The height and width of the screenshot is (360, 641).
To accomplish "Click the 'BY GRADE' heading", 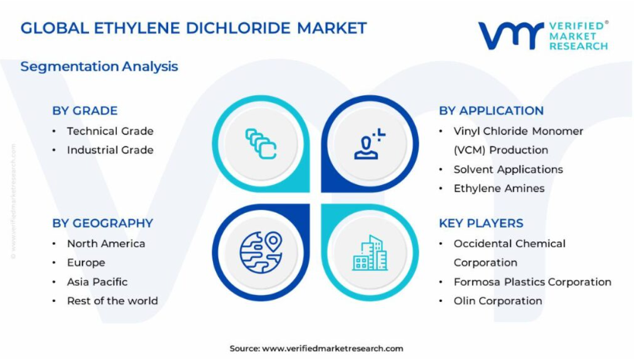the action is [x=84, y=111].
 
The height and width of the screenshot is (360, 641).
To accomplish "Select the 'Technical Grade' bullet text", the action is [x=111, y=131].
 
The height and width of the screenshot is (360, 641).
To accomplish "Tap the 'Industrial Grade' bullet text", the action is [x=111, y=150].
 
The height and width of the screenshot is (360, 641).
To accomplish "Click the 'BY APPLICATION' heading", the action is [x=491, y=111].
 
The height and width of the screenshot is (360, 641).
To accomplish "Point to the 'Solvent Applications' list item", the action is [x=508, y=170].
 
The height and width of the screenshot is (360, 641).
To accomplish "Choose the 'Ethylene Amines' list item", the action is [x=499, y=188].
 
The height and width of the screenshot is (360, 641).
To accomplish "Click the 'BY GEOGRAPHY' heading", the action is [x=103, y=223].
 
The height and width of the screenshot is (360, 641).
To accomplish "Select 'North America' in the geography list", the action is [x=106, y=244].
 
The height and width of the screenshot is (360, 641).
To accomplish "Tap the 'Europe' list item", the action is [x=86, y=262].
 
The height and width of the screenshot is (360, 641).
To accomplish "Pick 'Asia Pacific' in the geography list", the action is [x=98, y=282].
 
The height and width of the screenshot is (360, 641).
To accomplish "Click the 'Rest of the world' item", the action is [x=112, y=300].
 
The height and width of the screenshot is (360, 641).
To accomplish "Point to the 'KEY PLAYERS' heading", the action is [x=482, y=223].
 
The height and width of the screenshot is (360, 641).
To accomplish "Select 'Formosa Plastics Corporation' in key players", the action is [x=533, y=282].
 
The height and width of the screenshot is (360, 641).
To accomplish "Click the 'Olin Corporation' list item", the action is [x=498, y=301].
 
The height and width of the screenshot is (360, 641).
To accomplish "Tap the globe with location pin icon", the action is [x=261, y=252].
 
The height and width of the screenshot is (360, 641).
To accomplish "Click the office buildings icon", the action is [x=370, y=253].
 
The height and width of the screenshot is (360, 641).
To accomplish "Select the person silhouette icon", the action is [x=369, y=144].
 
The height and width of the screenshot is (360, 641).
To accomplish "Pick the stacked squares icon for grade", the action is [x=261, y=144].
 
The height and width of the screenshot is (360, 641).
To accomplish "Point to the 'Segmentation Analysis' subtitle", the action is [x=99, y=67].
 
